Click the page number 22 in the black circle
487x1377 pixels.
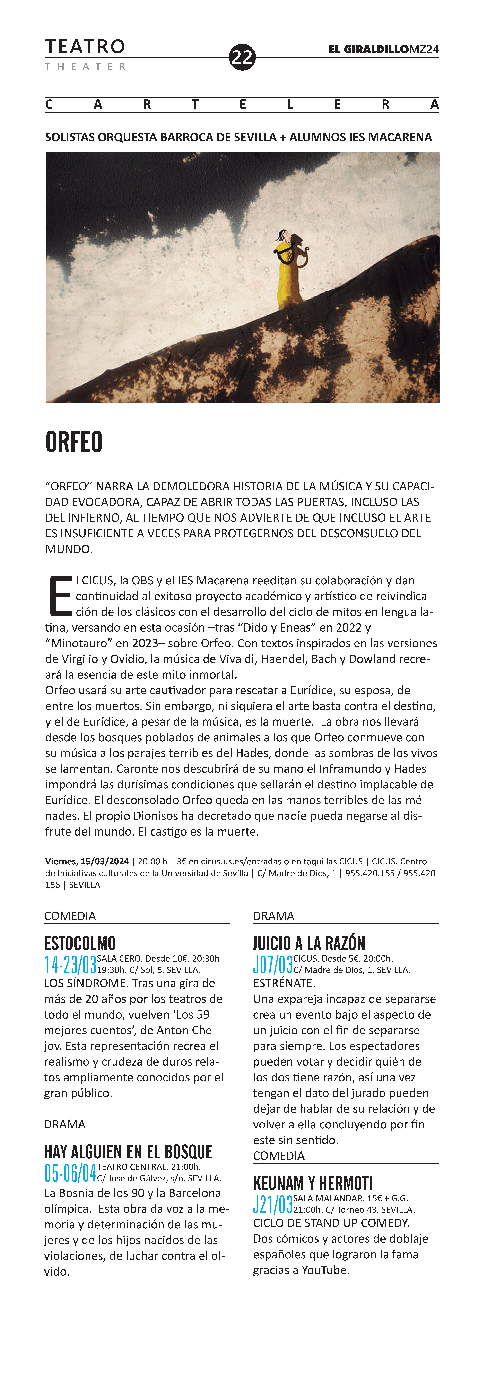242,57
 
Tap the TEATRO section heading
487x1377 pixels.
85,47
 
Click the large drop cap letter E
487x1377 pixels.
60,595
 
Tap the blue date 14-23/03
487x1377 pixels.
70,964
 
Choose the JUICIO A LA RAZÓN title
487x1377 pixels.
309,943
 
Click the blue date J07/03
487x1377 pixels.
273,964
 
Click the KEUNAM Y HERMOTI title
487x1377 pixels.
313,1183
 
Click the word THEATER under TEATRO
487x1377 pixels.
85,67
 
